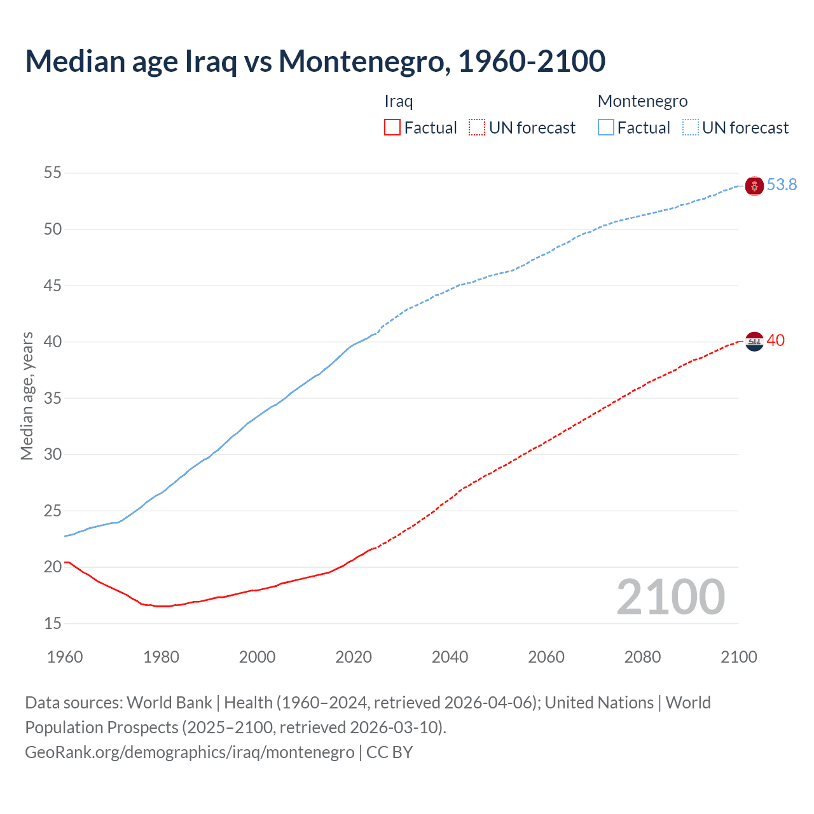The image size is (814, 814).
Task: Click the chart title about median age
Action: coord(315,61)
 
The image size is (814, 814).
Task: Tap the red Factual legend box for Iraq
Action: coord(392,128)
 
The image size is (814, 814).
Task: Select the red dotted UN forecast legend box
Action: coord(477,128)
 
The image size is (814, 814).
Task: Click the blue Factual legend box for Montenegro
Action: coord(606,128)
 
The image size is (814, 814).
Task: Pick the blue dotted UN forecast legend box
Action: coord(691,128)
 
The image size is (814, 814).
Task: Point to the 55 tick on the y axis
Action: coord(53,173)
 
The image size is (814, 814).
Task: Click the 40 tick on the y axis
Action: coord(53,342)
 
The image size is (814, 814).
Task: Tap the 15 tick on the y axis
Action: coord(53,624)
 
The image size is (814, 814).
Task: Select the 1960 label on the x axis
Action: coord(65,657)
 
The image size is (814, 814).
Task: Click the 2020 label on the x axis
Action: coord(354,657)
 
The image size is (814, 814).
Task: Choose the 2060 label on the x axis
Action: coord(546,657)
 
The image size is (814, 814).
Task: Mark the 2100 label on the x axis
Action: coord(739,657)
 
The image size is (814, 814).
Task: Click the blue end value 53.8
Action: coord(782,185)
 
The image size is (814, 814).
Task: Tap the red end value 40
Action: coord(775,341)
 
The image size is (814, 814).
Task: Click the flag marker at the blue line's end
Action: coord(754,186)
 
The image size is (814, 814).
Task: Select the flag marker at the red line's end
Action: coord(754,341)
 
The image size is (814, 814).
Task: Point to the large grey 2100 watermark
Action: coord(670,597)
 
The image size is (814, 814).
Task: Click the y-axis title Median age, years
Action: coord(27,396)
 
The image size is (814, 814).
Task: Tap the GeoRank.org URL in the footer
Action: coord(190,752)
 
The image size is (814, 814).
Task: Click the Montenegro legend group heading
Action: coord(642,101)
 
